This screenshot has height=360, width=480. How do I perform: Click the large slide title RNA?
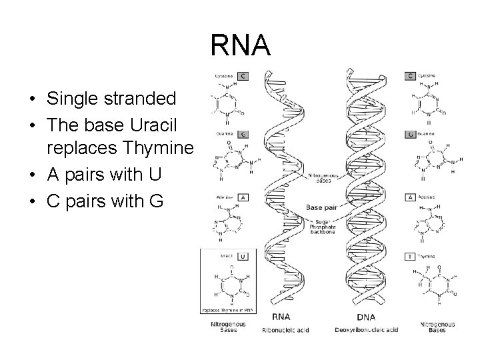(240, 46)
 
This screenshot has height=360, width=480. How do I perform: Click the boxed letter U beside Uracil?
(243, 255)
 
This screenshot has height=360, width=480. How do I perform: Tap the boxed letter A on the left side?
(243, 197)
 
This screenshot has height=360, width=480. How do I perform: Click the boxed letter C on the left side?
(243, 76)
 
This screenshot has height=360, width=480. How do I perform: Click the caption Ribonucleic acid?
(286, 329)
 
